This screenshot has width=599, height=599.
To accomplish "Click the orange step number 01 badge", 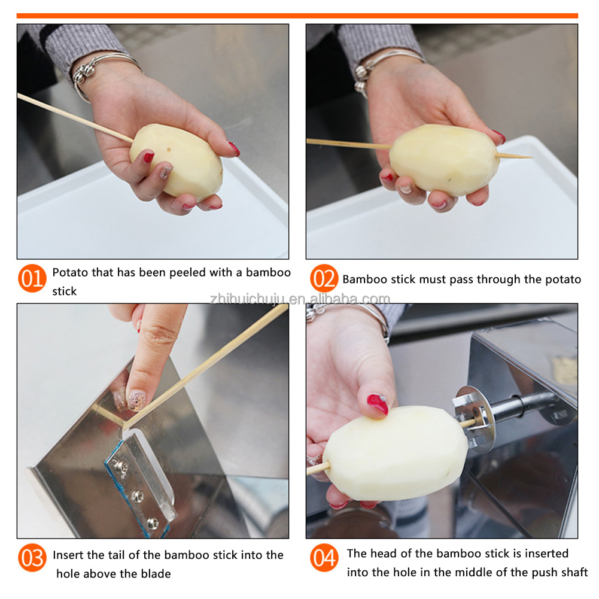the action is pos(32,278).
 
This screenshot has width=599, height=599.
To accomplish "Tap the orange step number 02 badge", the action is pos(324,278).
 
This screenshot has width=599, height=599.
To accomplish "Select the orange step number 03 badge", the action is pos(32,558).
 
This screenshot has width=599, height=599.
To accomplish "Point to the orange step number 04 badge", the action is pos(324,558).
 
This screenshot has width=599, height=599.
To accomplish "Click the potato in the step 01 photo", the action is pos(176,161).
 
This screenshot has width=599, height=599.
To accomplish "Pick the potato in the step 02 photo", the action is pos(444,160).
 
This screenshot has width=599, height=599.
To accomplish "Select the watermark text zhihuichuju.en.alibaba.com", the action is pos(300,299).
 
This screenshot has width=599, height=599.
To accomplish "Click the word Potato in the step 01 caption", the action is pos(70,272).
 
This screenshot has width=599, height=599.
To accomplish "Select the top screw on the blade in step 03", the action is pos(120,466).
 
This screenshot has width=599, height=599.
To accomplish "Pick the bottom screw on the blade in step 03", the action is pos(153,523).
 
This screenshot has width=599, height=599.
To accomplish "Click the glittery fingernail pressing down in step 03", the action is pos(136,400).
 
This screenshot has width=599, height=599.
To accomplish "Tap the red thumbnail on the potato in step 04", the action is pos(378,404).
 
